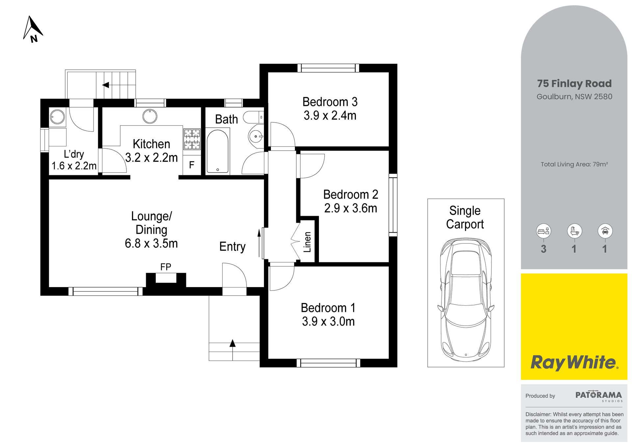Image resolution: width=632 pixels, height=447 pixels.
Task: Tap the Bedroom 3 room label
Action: click(x=330, y=102)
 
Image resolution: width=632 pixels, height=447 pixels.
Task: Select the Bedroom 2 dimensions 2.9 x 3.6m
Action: click(x=351, y=208)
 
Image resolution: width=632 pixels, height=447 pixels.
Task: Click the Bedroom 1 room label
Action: click(x=328, y=308)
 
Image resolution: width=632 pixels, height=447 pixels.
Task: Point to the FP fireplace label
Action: click(x=166, y=267)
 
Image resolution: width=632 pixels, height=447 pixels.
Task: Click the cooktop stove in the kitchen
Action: click(x=192, y=138)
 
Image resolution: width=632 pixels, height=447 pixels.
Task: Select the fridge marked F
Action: click(x=192, y=165)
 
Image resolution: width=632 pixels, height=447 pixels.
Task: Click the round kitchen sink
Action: click(x=150, y=116)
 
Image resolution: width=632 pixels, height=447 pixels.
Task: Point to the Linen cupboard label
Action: click(x=307, y=242)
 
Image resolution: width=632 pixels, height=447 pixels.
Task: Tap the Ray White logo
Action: click(x=574, y=362)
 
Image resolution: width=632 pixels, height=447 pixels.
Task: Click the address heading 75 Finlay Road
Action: click(x=574, y=84)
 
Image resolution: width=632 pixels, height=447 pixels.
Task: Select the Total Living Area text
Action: click(x=574, y=164)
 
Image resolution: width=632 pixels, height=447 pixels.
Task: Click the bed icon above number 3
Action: click(x=543, y=231)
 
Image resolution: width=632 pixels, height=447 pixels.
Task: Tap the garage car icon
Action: click(x=605, y=231)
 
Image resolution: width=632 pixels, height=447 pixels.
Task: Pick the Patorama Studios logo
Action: click(x=599, y=396)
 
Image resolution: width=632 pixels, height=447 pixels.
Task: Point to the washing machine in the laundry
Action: click(x=57, y=117)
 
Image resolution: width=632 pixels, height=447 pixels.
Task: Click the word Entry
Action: click(x=232, y=247)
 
